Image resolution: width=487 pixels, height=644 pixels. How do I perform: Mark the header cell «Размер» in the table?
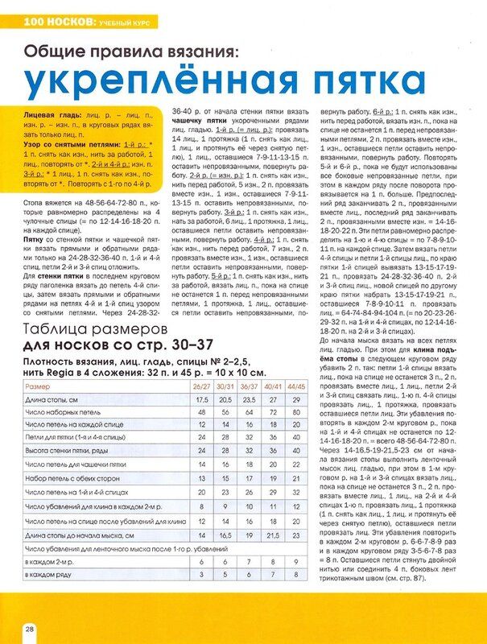click(39, 386)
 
